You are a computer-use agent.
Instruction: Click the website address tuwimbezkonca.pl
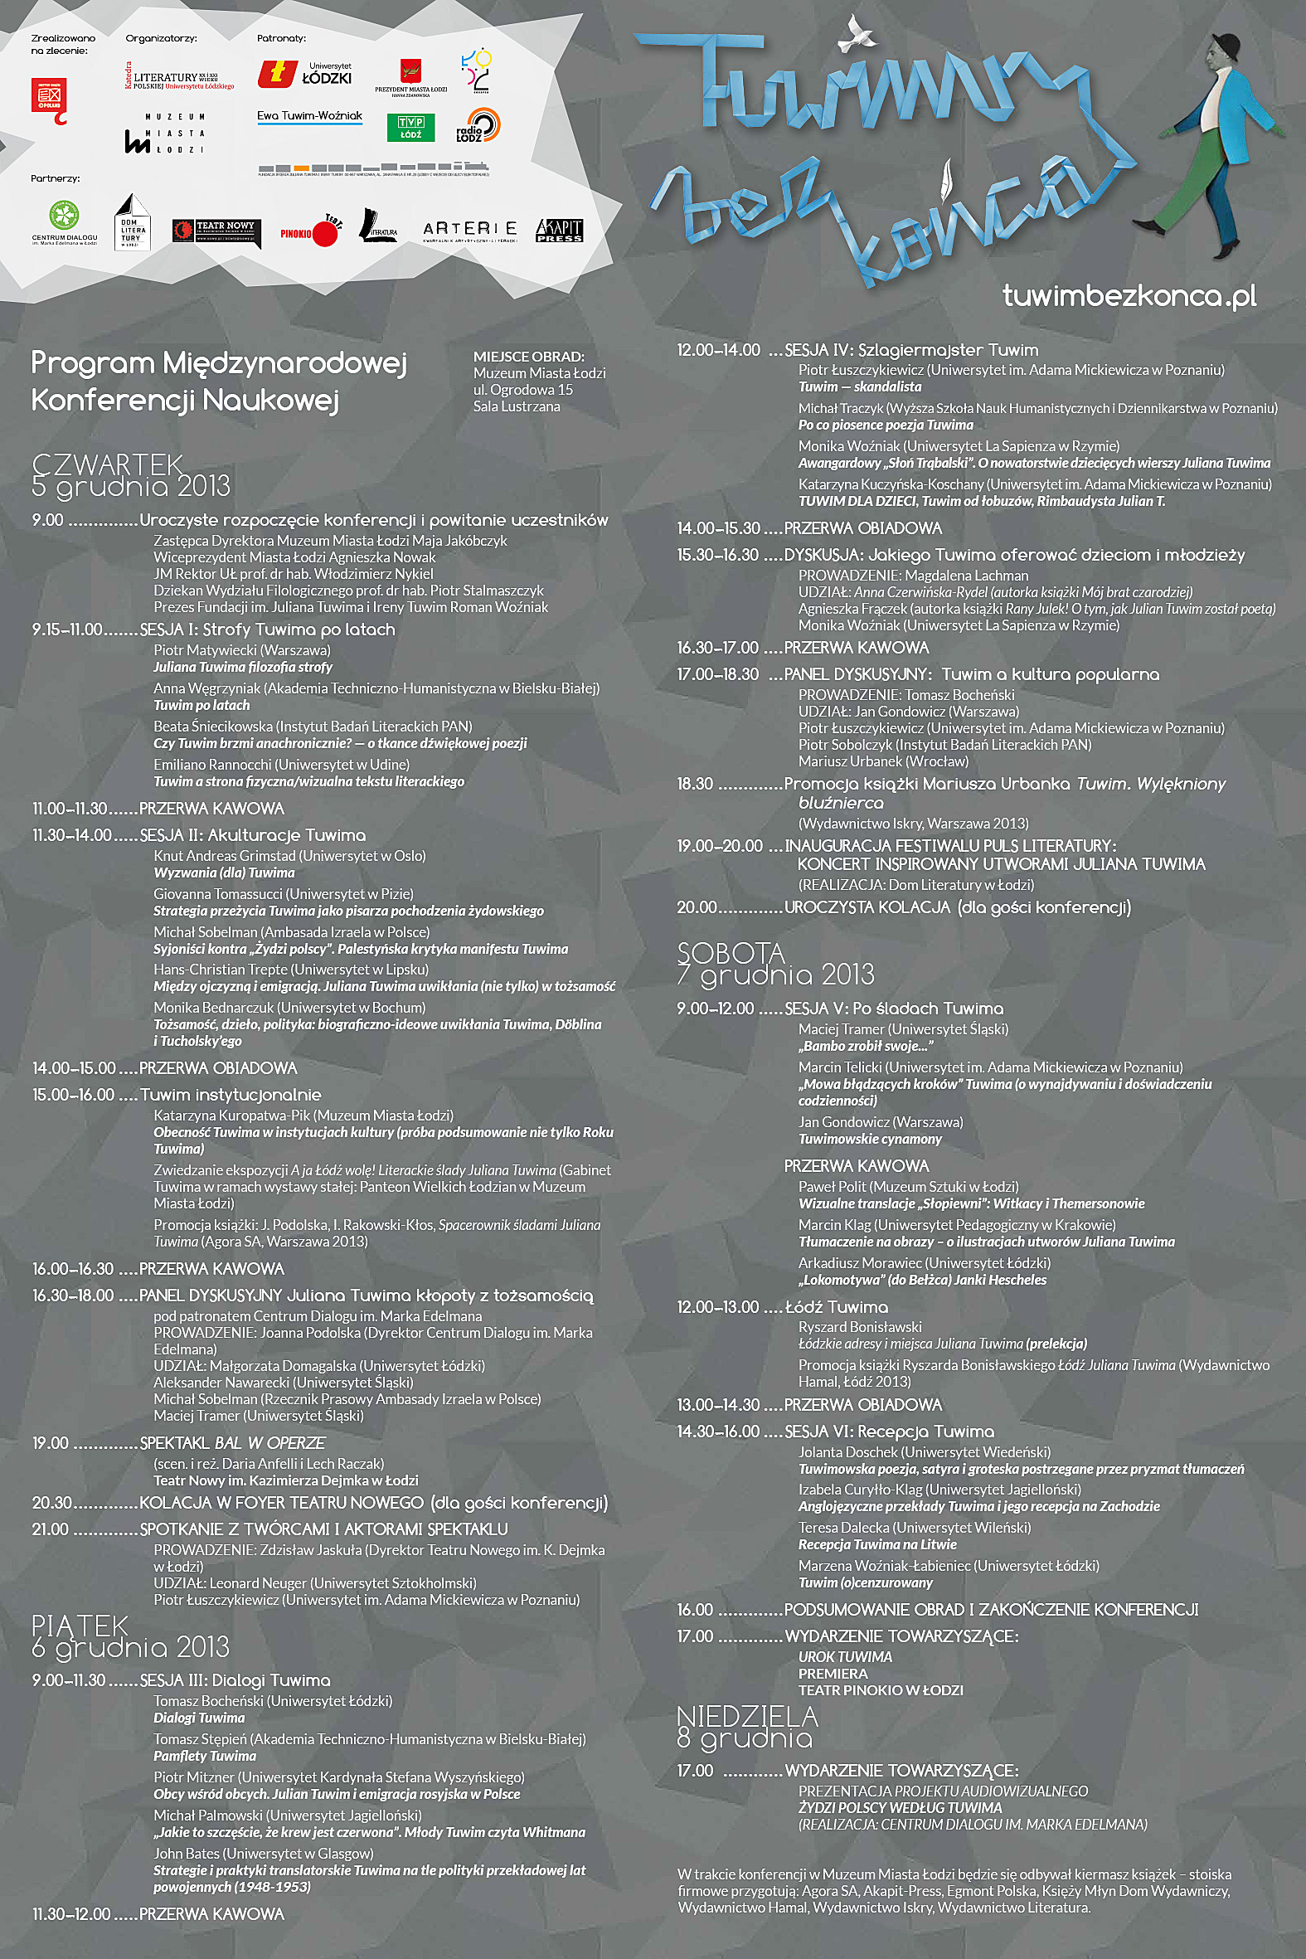1129,296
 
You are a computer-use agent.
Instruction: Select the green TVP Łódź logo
410,128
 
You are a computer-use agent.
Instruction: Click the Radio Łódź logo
478,126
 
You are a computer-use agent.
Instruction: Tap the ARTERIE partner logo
470,230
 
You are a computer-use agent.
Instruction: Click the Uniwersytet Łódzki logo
305,73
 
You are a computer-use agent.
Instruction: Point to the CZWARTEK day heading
108,463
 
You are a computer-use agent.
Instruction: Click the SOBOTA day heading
731,952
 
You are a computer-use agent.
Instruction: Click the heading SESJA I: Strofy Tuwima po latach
267,630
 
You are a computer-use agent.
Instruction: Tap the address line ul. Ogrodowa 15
523,390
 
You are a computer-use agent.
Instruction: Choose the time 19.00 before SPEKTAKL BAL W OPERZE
50,1443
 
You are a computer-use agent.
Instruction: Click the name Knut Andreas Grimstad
225,855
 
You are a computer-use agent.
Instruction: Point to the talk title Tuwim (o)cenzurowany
866,1582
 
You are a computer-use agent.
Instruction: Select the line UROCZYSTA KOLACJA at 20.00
957,907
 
